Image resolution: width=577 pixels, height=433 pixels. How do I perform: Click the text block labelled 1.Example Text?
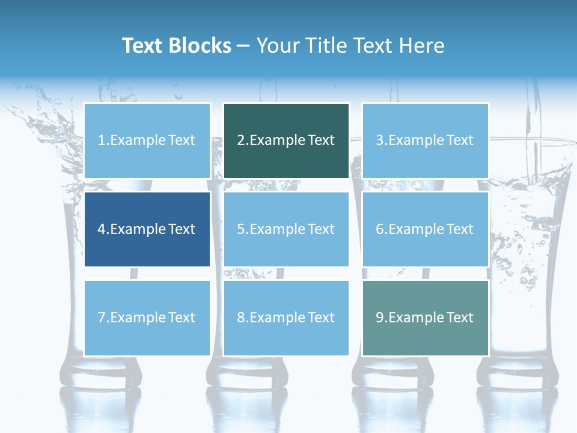click(x=147, y=141)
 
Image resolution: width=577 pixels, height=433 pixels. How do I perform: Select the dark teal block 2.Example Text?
click(x=286, y=141)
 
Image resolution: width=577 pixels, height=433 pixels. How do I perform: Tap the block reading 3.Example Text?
click(x=425, y=141)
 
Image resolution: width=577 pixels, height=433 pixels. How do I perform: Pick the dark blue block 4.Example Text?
click(x=147, y=229)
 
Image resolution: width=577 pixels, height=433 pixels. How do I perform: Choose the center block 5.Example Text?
click(x=286, y=229)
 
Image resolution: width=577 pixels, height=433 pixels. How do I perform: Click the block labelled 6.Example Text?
click(x=425, y=229)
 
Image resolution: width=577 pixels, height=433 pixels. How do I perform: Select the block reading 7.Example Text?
click(x=147, y=318)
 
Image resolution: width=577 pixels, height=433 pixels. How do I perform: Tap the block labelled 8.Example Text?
click(x=286, y=318)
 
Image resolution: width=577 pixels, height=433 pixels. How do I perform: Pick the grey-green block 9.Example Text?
click(x=425, y=318)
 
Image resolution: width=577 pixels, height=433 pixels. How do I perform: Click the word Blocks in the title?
click(x=200, y=46)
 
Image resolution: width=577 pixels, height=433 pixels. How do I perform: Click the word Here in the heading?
click(x=421, y=46)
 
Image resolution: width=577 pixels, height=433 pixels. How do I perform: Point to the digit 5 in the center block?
click(x=240, y=229)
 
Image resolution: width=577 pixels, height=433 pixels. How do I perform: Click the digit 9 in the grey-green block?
click(x=380, y=318)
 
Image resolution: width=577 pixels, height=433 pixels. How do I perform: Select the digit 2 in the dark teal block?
click(x=240, y=141)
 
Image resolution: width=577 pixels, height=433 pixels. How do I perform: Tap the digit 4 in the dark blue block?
click(x=102, y=229)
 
